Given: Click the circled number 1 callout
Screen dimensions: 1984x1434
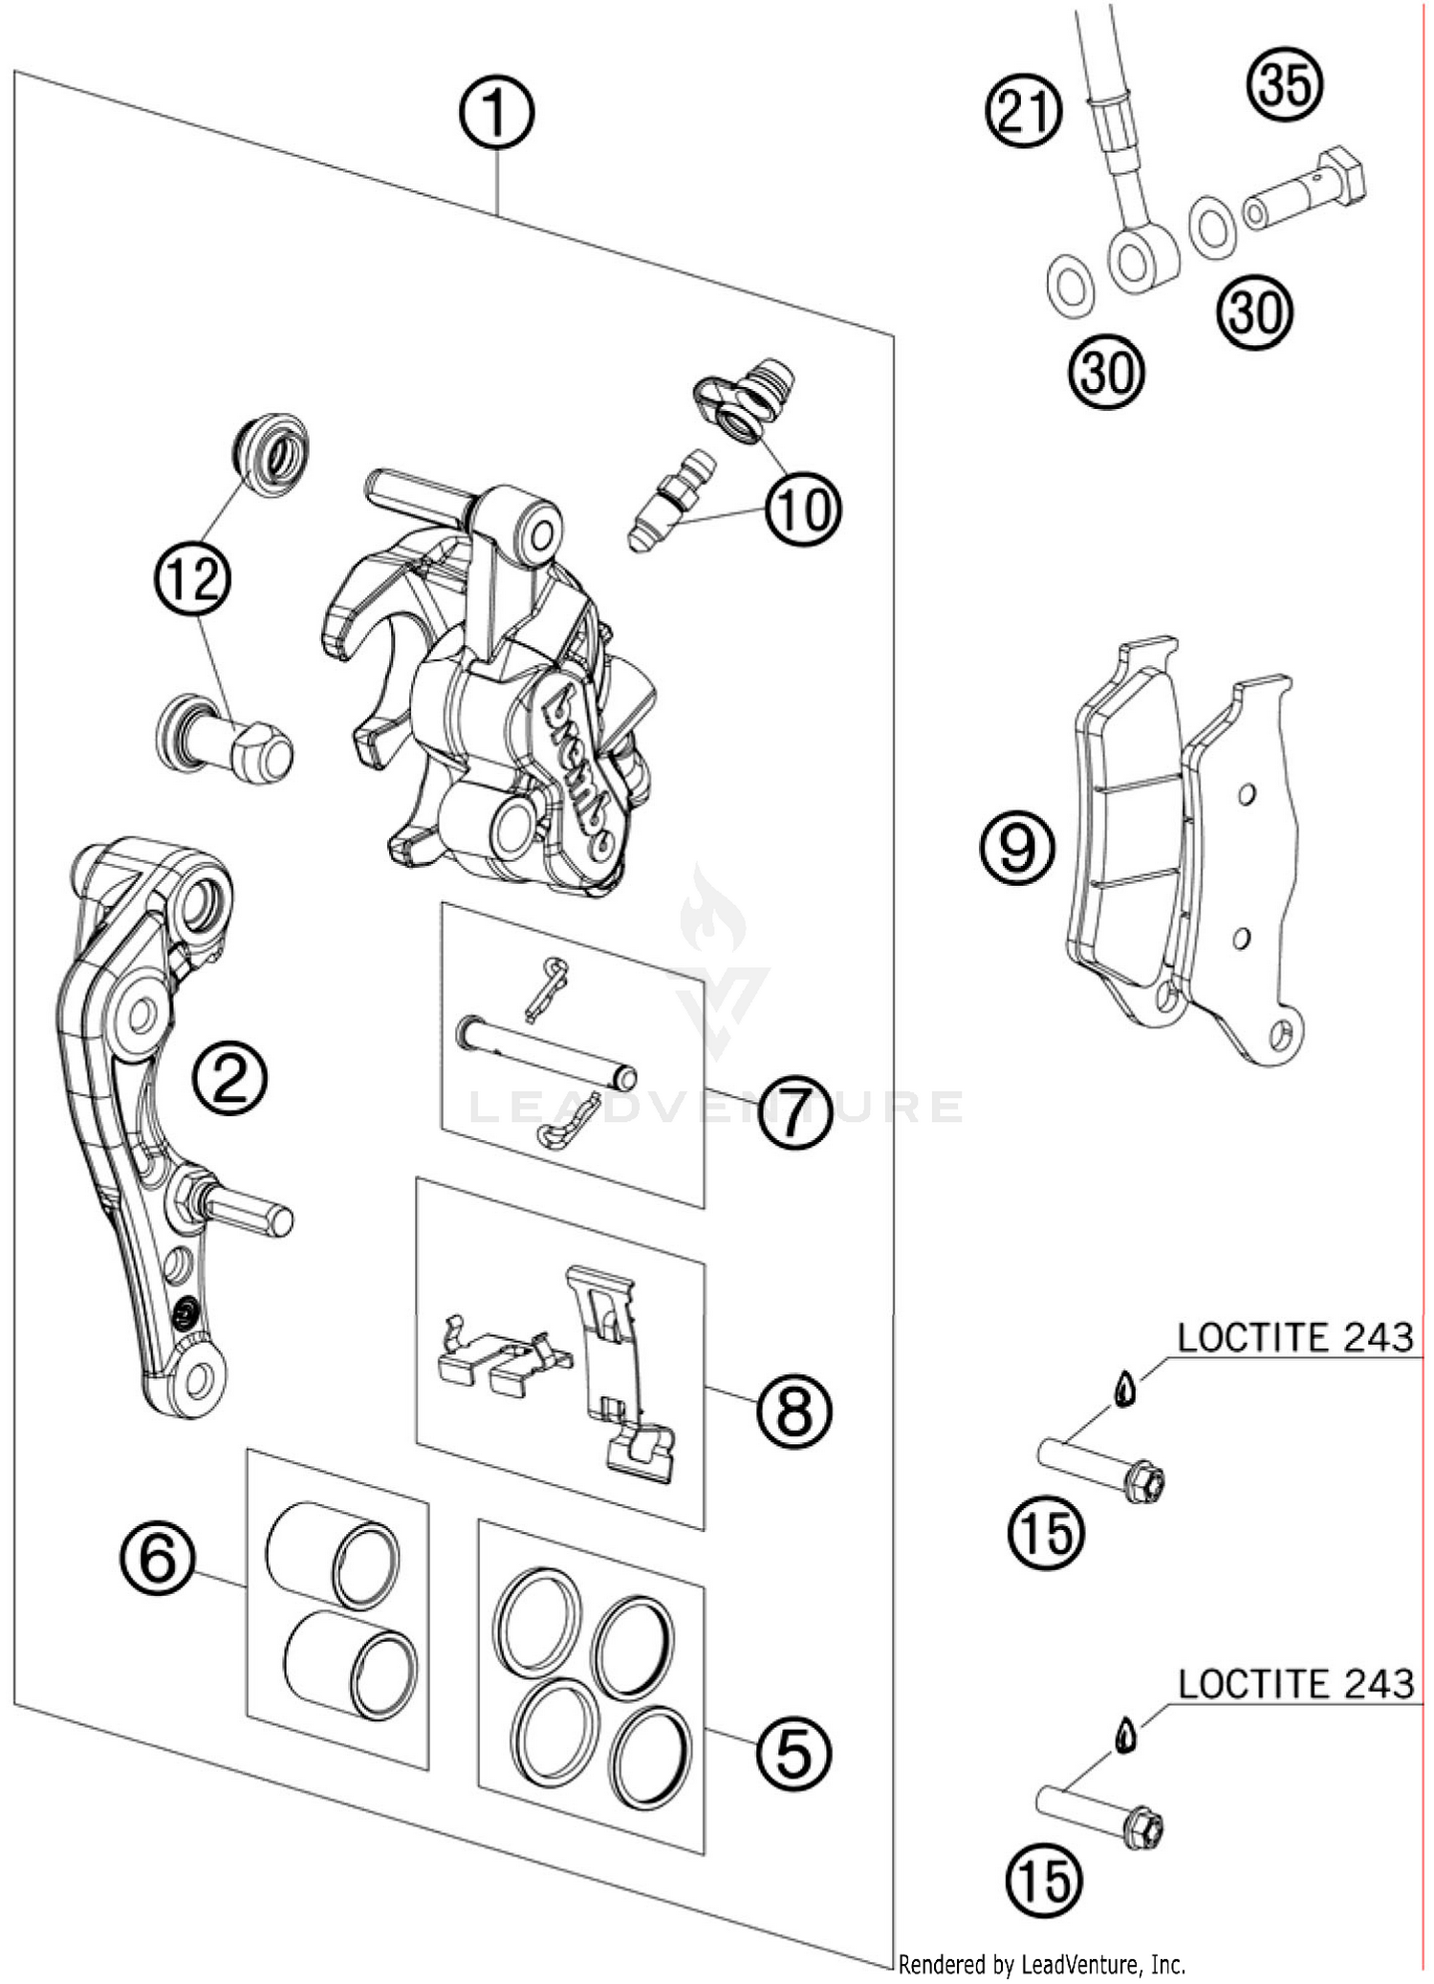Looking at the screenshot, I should coord(495,113).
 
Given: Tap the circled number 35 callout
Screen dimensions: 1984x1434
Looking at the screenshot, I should coord(1285,84).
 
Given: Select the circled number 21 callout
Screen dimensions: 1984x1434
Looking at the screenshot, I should coord(1024,113).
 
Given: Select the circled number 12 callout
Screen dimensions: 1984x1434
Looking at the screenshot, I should coord(193,579).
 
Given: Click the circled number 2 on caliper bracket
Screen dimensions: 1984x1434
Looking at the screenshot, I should coord(228,1078).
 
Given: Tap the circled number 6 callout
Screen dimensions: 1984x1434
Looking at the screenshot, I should coord(158,1558).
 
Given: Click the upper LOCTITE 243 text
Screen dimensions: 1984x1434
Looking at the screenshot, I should coord(1294,1338).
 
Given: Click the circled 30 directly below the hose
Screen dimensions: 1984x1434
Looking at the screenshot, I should coord(1106,373).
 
